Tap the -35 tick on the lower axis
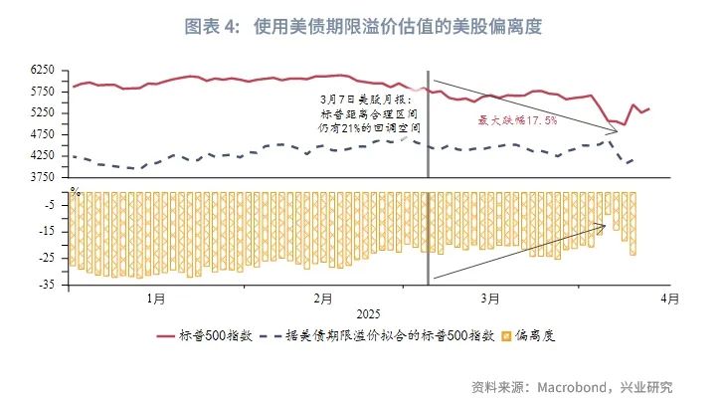(x=48, y=286)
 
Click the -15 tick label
(x=48, y=232)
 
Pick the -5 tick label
(x=51, y=205)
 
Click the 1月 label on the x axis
(x=155, y=298)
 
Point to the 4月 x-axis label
(x=670, y=298)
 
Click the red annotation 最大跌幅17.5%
(x=518, y=119)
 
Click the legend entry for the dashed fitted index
(x=388, y=336)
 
